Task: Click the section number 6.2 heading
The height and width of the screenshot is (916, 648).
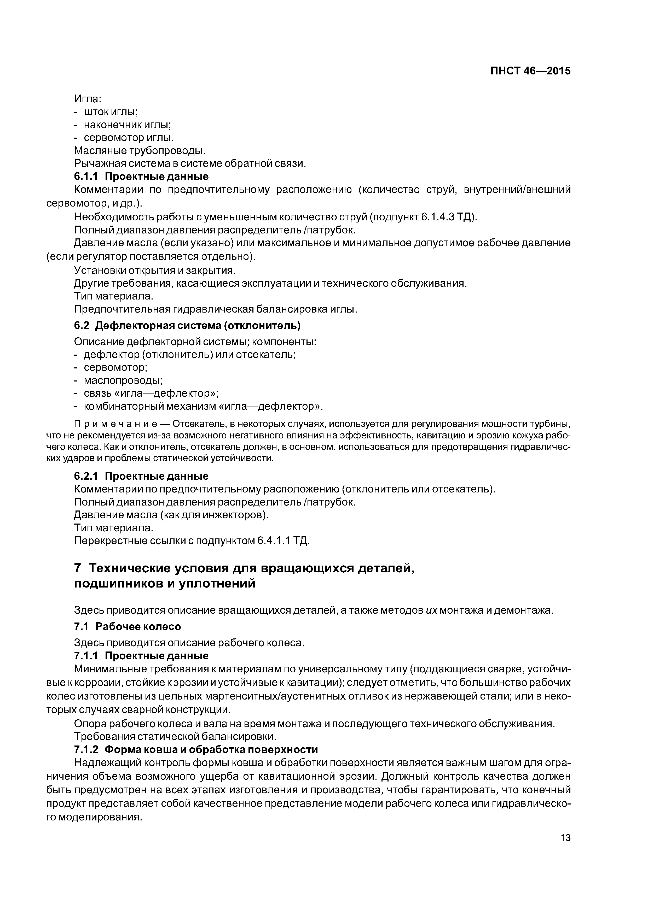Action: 82,326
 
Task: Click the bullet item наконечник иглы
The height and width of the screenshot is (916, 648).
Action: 127,125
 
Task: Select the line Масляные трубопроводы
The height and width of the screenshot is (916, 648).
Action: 140,151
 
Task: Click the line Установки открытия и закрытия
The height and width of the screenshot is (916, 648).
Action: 155,271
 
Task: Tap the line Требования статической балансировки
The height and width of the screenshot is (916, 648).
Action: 175,736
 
